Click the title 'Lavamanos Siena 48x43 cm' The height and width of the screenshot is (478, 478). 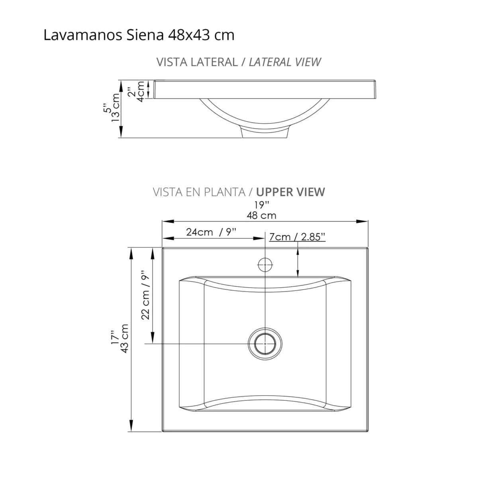(139, 35)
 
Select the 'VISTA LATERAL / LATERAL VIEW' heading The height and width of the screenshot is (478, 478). (239, 62)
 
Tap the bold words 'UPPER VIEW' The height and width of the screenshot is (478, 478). (290, 192)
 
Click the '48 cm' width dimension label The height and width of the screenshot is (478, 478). (261, 215)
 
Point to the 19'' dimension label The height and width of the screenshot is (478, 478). (262, 205)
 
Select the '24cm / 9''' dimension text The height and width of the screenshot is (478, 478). (211, 232)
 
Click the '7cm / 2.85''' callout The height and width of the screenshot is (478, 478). (297, 237)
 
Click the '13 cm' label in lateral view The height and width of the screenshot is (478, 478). (116, 108)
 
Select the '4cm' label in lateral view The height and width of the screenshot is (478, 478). (140, 91)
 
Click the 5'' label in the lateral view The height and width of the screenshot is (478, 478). (106, 108)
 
